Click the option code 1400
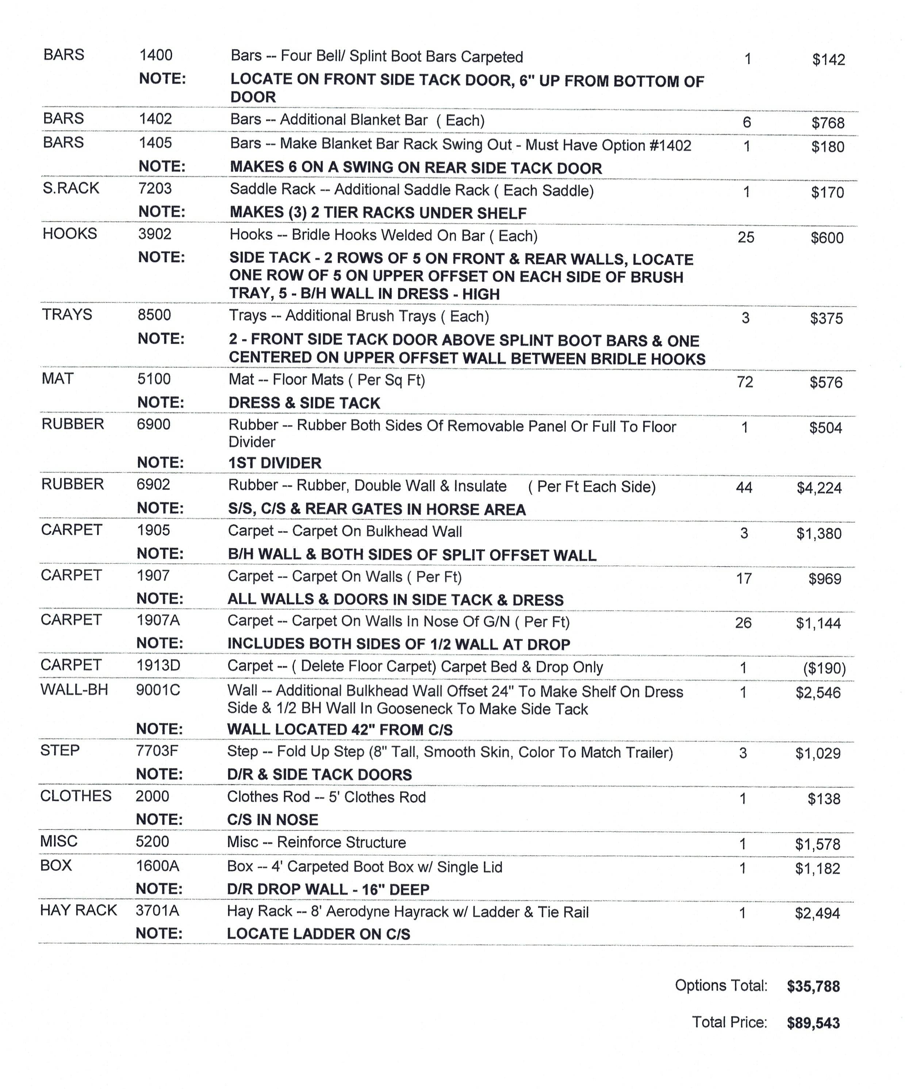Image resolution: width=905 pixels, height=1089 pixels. (156, 55)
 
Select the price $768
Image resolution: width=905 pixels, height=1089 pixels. (828, 123)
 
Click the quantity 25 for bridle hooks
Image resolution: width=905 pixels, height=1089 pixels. (746, 238)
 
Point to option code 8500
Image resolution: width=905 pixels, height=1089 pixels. (154, 315)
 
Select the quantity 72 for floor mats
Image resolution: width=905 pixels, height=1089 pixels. (745, 382)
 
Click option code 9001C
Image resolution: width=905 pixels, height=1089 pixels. (158, 690)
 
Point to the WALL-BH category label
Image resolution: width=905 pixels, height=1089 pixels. (74, 690)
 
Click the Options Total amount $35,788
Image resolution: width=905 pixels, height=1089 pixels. (813, 986)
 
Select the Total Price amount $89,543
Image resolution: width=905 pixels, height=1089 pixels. (813, 1023)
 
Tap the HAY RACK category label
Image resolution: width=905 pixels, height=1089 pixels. (78, 910)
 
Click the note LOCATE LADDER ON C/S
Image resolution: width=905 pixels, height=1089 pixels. (318, 934)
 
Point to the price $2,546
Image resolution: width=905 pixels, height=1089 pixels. (818, 693)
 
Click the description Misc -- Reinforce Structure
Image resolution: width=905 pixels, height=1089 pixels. (317, 842)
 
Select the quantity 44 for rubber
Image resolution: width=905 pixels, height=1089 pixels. (744, 488)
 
